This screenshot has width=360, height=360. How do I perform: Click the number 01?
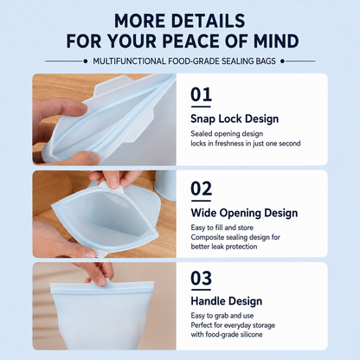point(201,94)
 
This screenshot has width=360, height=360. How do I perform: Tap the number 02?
point(202,189)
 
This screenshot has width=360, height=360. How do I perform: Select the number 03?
point(202,278)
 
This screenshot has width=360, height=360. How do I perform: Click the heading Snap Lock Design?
point(235,119)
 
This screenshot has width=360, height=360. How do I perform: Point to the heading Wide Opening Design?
point(244,213)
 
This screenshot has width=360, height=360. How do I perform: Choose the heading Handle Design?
point(227,301)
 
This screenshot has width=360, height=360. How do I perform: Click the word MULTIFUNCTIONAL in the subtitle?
point(129,61)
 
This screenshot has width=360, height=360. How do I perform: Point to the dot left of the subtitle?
point(86,61)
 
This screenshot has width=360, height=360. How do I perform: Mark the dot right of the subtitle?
point(283,61)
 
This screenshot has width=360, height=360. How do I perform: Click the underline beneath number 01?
point(201,106)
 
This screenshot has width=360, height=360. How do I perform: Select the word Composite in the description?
point(207,237)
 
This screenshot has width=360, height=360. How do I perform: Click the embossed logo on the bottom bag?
point(101,303)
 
